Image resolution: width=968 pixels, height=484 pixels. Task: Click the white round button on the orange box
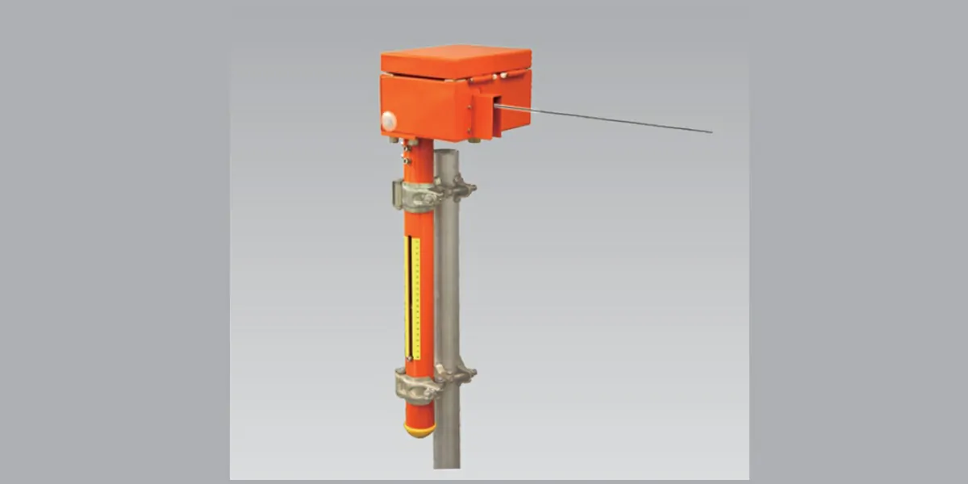(x=389, y=121)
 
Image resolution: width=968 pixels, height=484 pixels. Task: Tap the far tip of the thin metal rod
(x=710, y=131)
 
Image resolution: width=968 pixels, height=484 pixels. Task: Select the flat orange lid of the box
(x=456, y=60)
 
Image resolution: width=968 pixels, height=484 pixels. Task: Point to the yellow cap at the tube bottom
(x=419, y=431)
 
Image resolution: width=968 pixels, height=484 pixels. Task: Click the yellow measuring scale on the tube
(x=415, y=298)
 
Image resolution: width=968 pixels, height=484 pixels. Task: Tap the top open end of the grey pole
(x=446, y=152)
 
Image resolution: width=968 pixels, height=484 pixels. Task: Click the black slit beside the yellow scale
(x=409, y=298)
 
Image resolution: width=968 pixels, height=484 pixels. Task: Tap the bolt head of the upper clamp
(x=465, y=191)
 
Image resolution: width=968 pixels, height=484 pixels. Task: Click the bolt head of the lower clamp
(x=465, y=373)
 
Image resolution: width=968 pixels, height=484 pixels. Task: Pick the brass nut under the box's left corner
(x=394, y=140)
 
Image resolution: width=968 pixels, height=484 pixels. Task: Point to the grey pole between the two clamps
(x=447, y=282)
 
